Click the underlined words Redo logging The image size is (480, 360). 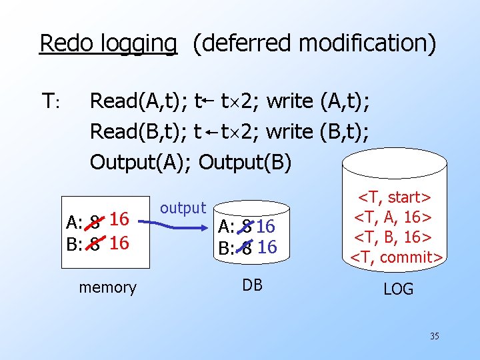coord(108,43)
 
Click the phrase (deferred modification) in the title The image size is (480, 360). coord(314,43)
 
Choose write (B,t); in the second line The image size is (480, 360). coord(317,132)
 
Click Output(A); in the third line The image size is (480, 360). coord(141,162)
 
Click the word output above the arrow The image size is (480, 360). coord(183,208)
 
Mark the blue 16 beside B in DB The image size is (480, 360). coord(267,247)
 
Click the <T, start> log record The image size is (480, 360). coord(395,197)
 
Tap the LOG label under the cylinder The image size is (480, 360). coord(398,289)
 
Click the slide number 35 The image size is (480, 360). coord(434,336)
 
